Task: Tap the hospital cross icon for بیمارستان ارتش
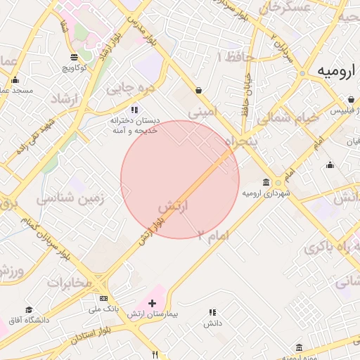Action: [152, 302]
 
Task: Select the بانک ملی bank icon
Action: [104, 297]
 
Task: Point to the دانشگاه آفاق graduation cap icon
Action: [29, 310]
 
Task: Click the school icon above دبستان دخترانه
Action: [134, 109]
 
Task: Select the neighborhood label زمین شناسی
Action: [70, 199]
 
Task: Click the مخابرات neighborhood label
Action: [69, 283]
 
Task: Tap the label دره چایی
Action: [129, 89]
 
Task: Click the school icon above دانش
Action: [212, 312]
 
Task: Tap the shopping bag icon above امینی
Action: [200, 90]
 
